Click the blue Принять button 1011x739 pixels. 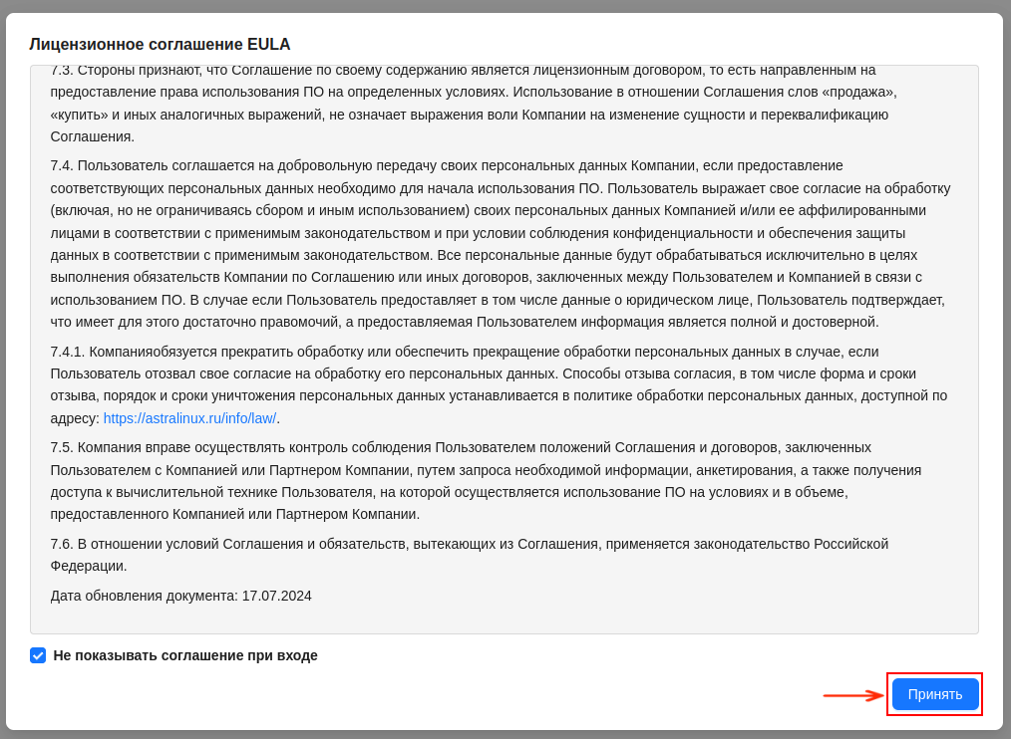pos(934,694)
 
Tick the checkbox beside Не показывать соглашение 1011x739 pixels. pos(38,655)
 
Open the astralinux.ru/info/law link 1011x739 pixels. pos(189,418)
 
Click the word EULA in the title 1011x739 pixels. pos(269,45)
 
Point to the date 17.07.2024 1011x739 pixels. pos(276,596)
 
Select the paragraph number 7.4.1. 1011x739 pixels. pos(68,352)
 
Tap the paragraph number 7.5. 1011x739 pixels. pos(62,447)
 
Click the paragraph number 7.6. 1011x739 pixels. pos(62,544)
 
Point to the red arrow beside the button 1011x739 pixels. pos(853,695)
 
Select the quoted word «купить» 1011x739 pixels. pos(80,115)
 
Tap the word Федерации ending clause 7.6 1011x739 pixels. pos(89,566)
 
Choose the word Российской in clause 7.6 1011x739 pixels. pos(850,544)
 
